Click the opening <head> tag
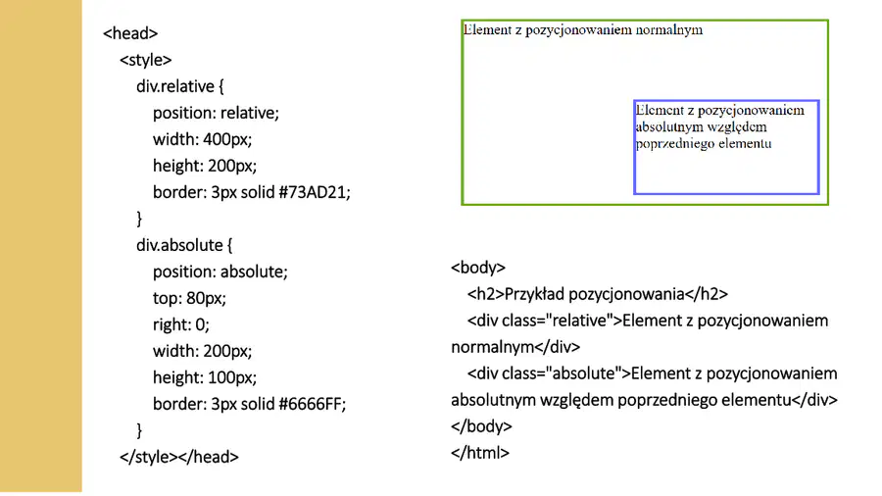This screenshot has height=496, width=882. point(130,33)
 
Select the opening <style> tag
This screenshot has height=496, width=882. point(146,60)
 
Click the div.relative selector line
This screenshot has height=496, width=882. point(180,86)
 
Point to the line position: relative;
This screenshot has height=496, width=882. point(216,113)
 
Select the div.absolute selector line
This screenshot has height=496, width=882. point(184,245)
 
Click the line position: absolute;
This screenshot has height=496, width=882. point(220,272)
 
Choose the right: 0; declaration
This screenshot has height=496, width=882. point(180,324)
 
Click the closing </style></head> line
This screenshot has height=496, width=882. point(179,457)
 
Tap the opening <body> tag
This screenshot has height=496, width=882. point(478,268)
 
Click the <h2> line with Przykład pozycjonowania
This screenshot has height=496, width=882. point(598,293)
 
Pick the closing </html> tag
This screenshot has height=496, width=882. point(480,453)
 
